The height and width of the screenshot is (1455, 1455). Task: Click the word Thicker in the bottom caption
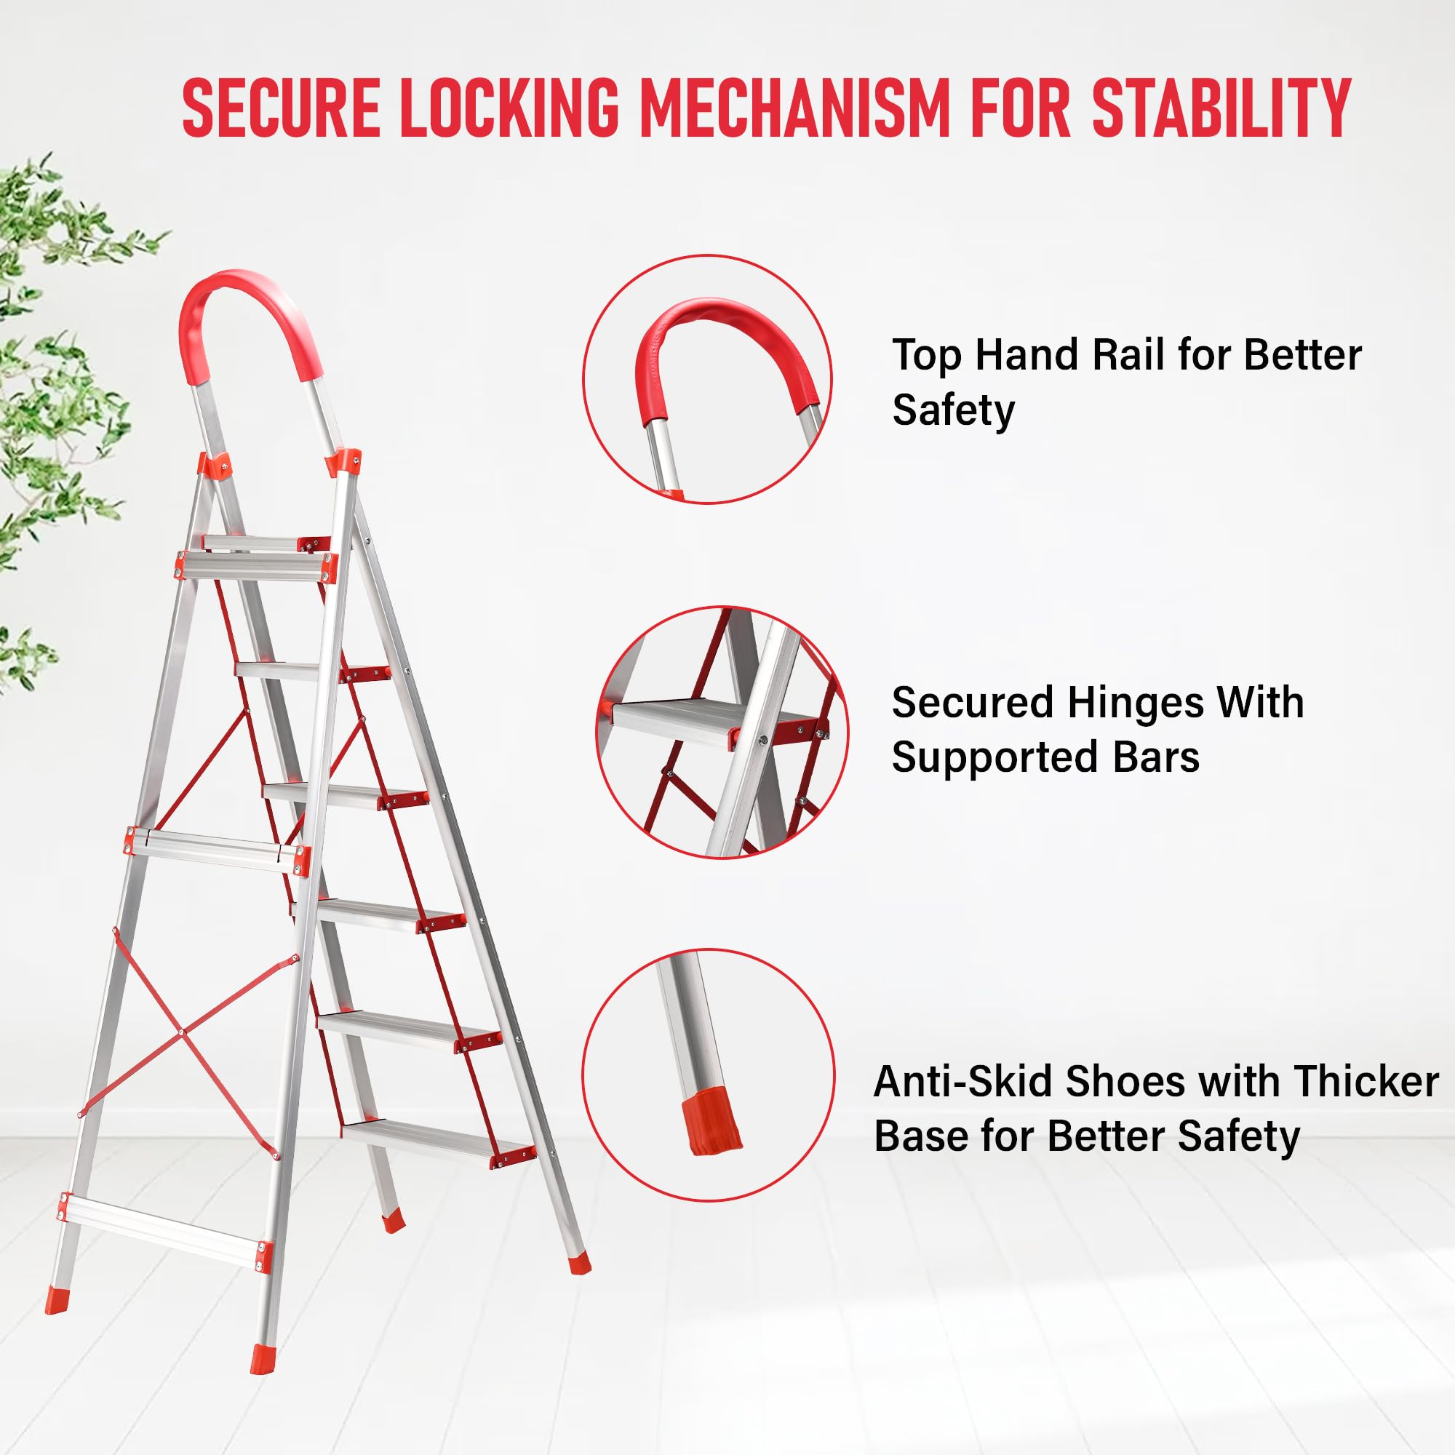pyautogui.click(x=1366, y=1082)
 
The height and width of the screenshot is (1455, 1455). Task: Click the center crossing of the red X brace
pyautogui.click(x=181, y=1031)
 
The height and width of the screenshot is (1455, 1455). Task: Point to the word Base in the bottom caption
pyautogui.click(x=921, y=1136)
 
